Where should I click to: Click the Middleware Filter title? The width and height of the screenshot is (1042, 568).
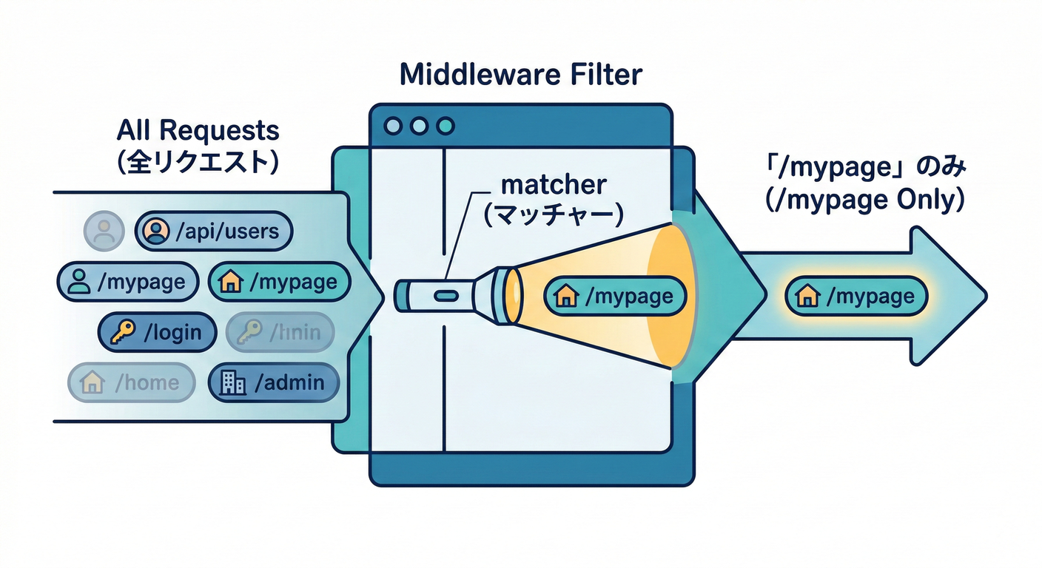coord(521,75)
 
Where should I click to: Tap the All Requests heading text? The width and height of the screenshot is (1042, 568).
coord(198,131)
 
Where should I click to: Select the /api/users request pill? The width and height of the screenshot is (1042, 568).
coord(214,232)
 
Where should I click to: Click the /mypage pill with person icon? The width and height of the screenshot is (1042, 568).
coord(128,282)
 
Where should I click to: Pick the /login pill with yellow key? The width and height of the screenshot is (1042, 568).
coord(157,333)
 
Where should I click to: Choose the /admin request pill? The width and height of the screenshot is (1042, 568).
coord(275,382)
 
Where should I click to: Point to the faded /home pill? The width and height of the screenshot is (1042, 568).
coord(131,382)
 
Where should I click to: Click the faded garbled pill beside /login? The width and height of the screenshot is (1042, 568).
coord(280,333)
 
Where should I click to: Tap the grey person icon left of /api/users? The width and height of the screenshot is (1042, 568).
coord(104,232)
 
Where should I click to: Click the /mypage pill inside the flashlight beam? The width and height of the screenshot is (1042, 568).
coord(616,297)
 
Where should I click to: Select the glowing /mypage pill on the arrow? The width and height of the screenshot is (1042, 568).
coord(856,297)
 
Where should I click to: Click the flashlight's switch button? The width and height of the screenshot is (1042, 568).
coord(445,296)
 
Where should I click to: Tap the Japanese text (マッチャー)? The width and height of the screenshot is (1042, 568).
coord(554,214)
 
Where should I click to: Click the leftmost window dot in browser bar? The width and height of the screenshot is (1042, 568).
coord(394,126)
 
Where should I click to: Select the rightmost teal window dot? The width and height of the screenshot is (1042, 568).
coord(445,126)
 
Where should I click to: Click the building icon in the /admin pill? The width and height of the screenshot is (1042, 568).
coord(233,382)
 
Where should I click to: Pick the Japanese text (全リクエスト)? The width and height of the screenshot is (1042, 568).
coord(198,161)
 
